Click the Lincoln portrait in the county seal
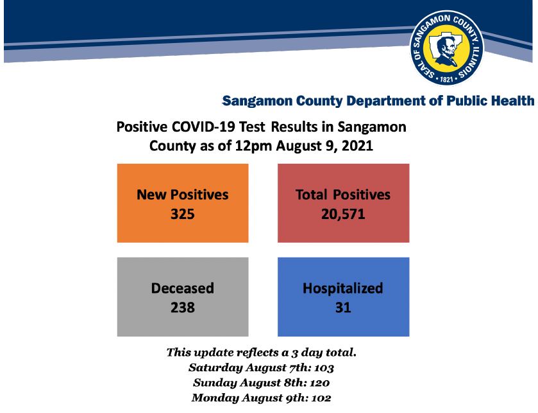(x=446, y=51)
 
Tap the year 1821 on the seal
(x=447, y=80)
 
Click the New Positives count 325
(x=183, y=214)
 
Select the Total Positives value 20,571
(x=343, y=214)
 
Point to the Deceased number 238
(x=183, y=308)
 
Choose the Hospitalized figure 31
(x=343, y=308)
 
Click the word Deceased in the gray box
(x=183, y=288)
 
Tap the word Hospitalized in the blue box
(x=343, y=288)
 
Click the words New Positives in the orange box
(x=183, y=195)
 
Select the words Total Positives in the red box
(x=343, y=195)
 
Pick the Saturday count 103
(x=324, y=368)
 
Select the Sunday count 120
(x=320, y=383)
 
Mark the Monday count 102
(x=321, y=398)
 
